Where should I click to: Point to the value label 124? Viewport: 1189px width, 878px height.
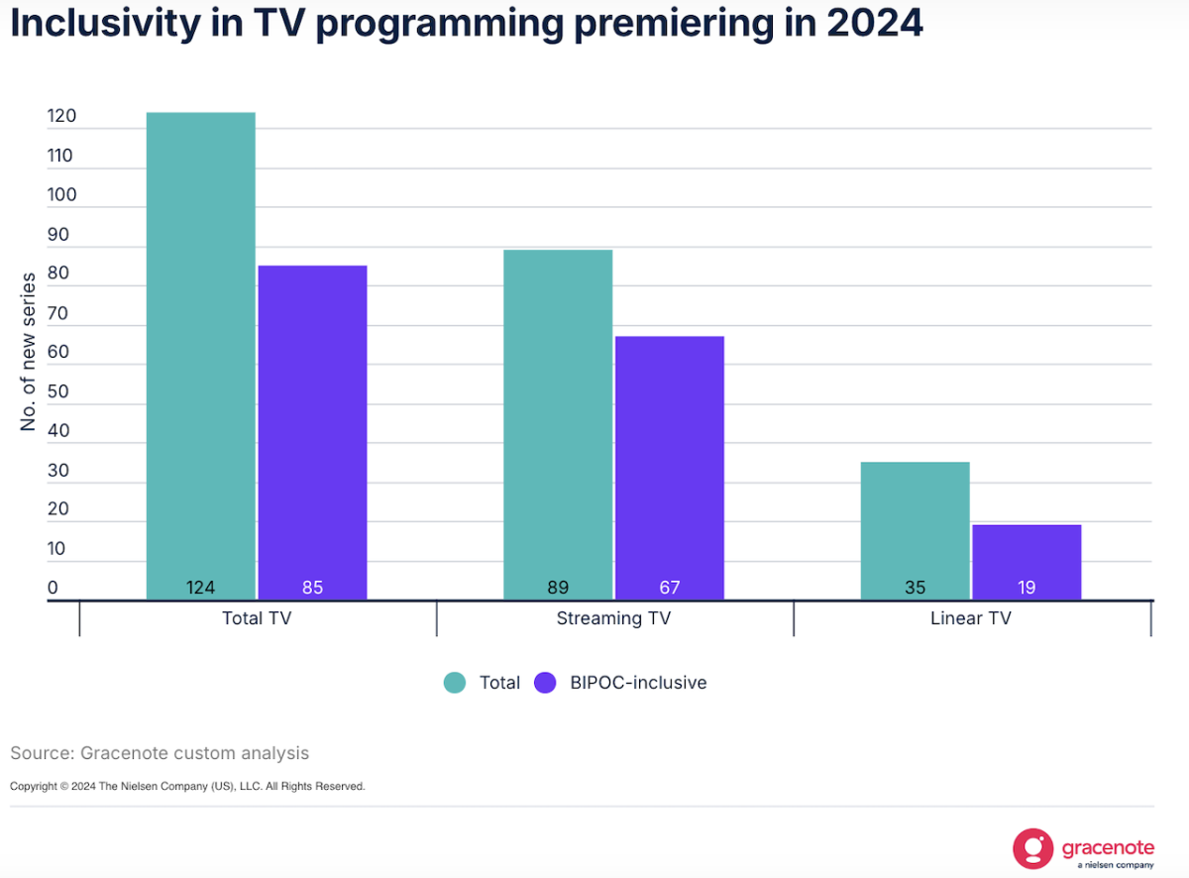click(x=200, y=588)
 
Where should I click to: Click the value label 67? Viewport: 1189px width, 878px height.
click(x=670, y=588)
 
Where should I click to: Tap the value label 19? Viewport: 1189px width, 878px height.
click(x=1027, y=588)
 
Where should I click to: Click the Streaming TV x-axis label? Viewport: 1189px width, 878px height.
click(x=613, y=618)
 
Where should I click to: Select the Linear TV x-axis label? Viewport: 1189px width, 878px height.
click(x=971, y=618)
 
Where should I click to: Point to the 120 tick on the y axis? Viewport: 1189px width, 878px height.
click(x=60, y=116)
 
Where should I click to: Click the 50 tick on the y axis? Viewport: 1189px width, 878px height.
click(x=58, y=391)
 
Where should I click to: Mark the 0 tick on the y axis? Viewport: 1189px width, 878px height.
click(x=53, y=588)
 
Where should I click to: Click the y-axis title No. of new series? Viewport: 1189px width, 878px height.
click(x=28, y=351)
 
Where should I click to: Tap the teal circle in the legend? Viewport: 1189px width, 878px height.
click(x=455, y=683)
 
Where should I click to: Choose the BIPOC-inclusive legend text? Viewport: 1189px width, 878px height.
click(x=638, y=683)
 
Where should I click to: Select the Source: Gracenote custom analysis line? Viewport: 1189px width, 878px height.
click(x=160, y=753)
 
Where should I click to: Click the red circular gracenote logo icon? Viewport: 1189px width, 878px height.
click(x=1032, y=848)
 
